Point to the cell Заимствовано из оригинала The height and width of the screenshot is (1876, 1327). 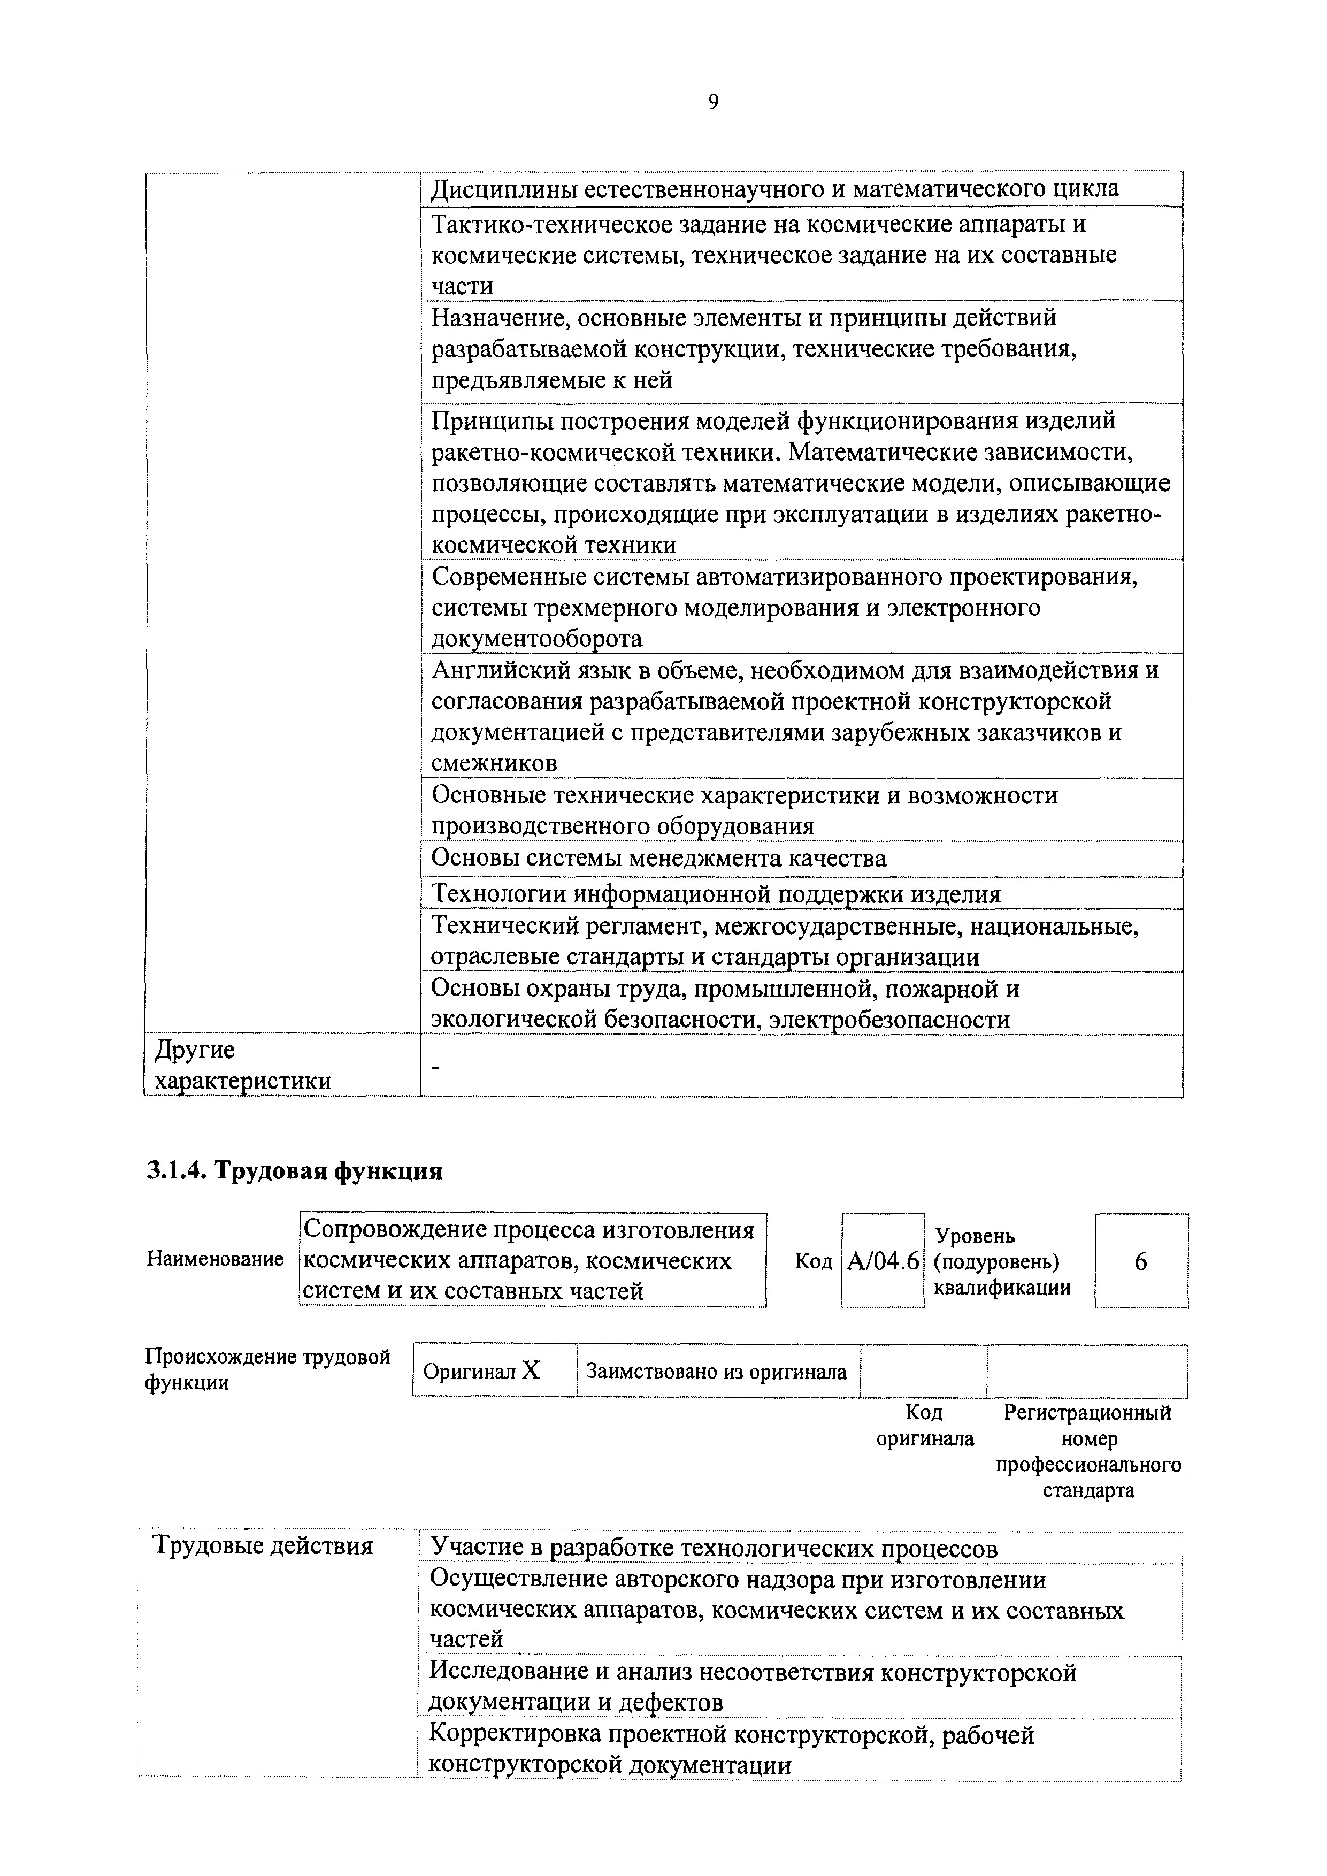point(717,1371)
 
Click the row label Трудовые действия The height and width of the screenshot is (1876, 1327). point(263,1546)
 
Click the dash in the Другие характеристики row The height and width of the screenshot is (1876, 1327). point(435,1066)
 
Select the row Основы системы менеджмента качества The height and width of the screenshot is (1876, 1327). point(658,859)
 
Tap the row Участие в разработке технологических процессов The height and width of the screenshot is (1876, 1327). point(714,1548)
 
